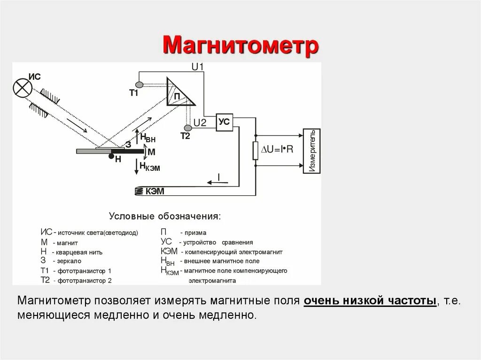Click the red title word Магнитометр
(x=240, y=46)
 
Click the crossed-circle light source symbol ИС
(x=22, y=87)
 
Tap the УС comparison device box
(x=225, y=122)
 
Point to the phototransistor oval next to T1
(x=139, y=85)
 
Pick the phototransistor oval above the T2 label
(x=188, y=128)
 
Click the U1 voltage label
(x=197, y=67)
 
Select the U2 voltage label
(x=200, y=123)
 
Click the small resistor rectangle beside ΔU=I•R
(x=256, y=151)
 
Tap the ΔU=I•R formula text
(x=277, y=149)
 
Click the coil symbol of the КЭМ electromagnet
(x=140, y=191)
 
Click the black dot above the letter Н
(x=111, y=156)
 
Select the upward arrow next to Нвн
(x=137, y=137)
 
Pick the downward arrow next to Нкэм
(x=137, y=165)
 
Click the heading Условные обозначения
(x=164, y=217)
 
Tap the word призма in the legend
(x=195, y=233)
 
